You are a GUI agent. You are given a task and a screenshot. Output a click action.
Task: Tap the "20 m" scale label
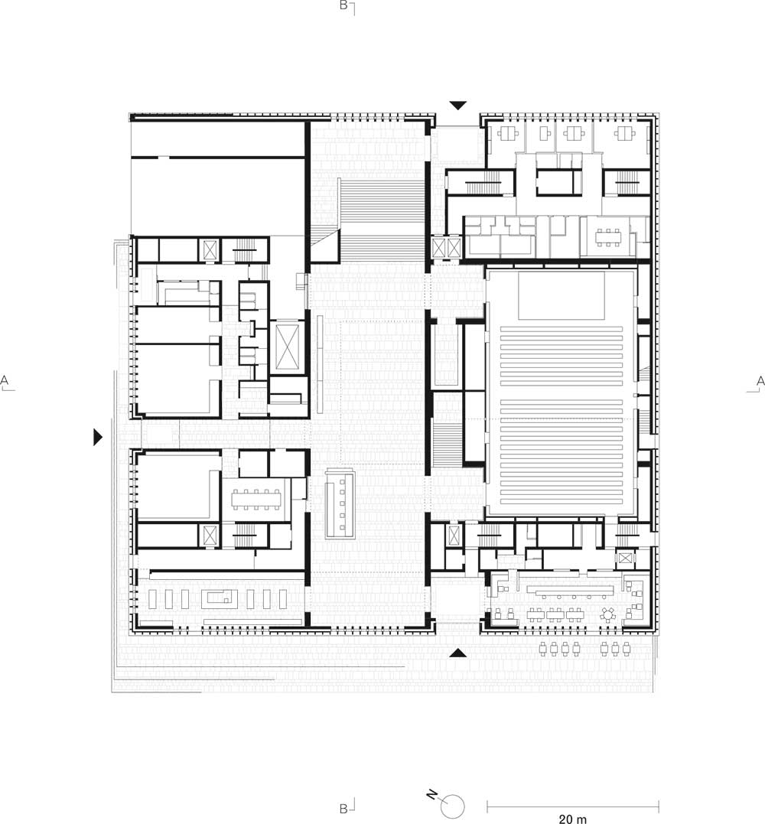tap(572, 818)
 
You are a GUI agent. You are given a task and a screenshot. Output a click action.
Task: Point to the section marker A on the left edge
tap(5, 382)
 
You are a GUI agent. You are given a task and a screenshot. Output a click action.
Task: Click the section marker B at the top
tap(346, 6)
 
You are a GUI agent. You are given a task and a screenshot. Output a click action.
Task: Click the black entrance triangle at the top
tap(458, 106)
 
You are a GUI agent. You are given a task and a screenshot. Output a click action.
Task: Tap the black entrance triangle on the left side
tap(98, 437)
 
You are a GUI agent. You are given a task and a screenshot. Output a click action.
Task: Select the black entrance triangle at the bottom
tap(458, 653)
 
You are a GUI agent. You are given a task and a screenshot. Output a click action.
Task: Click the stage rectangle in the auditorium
tap(562, 295)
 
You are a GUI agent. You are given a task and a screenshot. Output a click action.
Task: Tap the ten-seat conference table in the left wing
tap(256, 500)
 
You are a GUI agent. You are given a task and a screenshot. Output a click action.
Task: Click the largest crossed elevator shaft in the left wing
tap(288, 347)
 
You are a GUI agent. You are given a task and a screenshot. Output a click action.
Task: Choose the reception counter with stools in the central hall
tap(340, 504)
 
